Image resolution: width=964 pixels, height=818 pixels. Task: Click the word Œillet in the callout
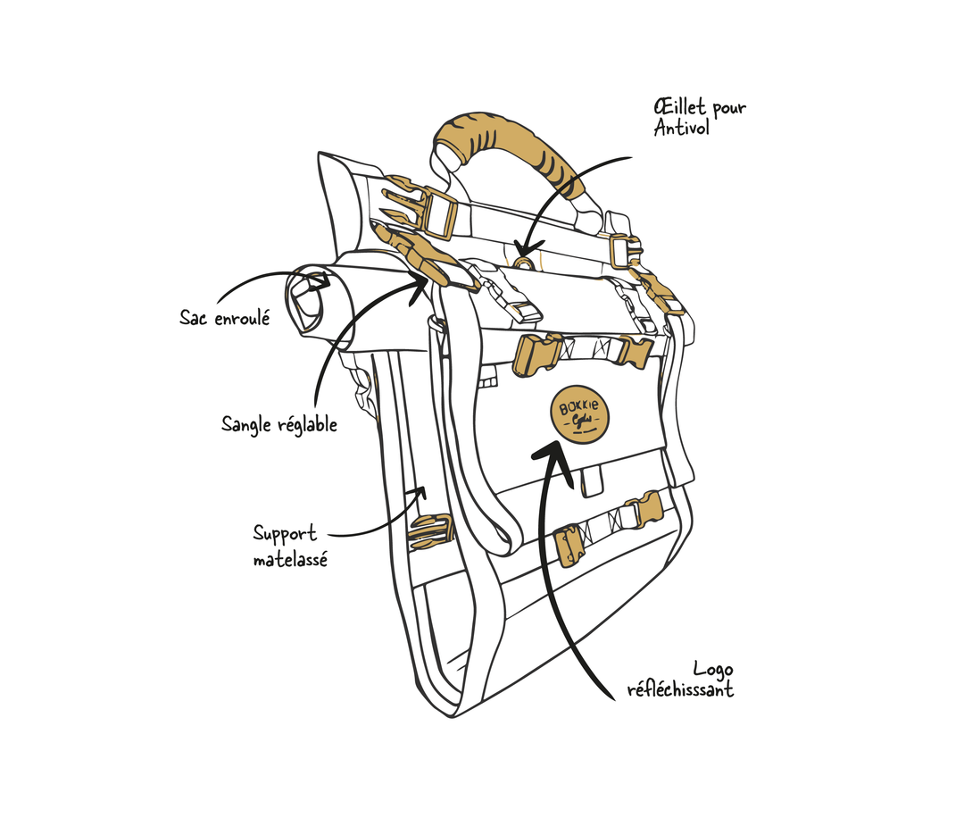point(677,109)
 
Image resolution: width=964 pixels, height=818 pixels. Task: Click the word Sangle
point(248,424)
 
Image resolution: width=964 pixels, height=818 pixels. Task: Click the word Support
point(284,535)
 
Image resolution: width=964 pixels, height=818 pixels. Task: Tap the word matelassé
point(289,561)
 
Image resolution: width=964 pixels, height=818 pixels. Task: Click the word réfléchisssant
point(680,690)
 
